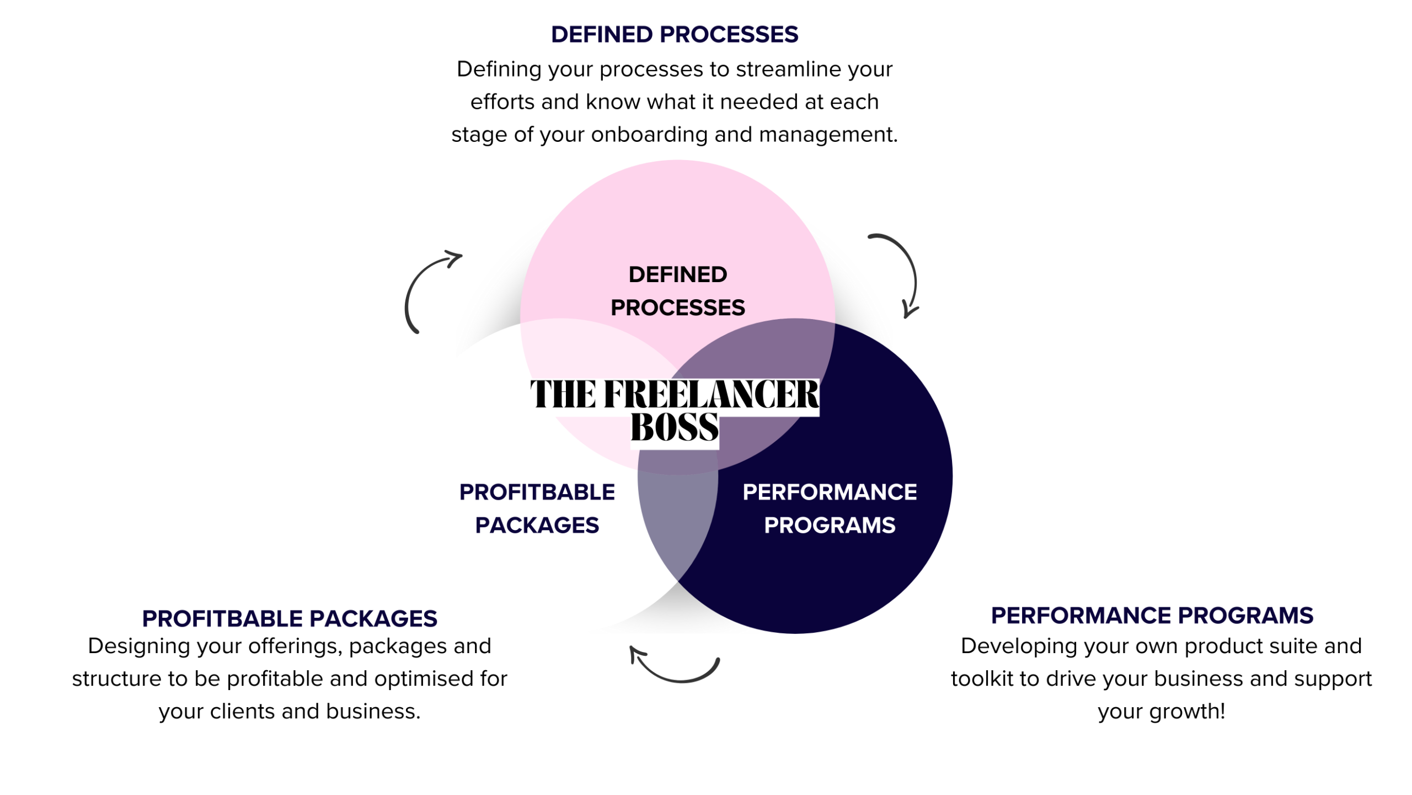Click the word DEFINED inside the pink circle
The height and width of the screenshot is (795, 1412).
pos(677,275)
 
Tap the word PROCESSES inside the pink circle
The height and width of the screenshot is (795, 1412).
pos(677,308)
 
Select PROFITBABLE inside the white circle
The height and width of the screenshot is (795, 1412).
pos(537,492)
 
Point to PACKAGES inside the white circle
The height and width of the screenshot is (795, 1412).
pos(537,525)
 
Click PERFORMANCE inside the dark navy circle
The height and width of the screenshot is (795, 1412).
pos(830,492)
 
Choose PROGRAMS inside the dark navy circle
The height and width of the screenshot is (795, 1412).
pos(830,525)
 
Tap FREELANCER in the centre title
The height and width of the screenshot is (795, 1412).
pos(712,394)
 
